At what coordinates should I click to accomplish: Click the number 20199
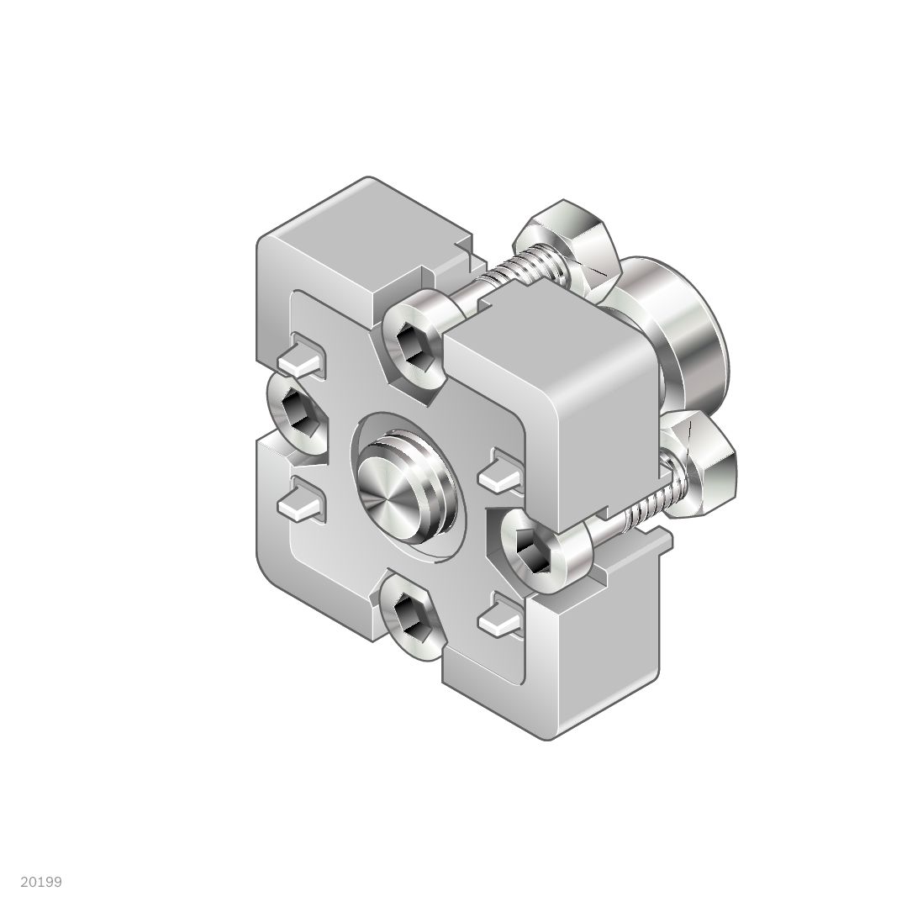(41, 882)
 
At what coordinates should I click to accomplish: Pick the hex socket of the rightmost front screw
(532, 551)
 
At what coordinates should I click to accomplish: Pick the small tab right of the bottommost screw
(502, 617)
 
